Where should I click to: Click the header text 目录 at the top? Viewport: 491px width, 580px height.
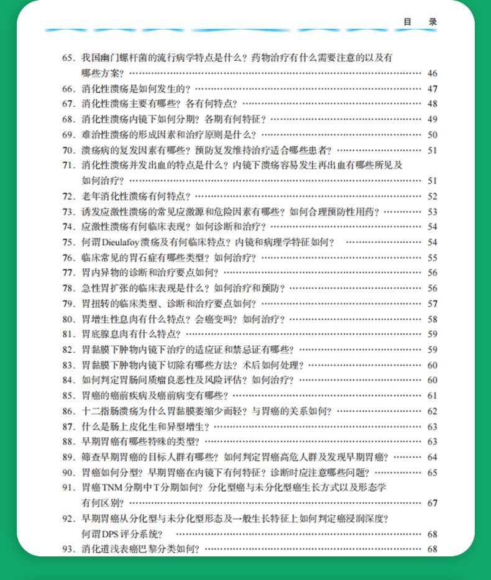tap(420, 22)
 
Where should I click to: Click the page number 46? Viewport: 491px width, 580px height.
tap(433, 73)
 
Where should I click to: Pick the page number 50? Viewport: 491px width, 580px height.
tap(433, 135)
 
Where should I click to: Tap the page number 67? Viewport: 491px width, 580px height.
tap(433, 503)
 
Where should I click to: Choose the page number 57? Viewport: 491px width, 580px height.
tap(433, 304)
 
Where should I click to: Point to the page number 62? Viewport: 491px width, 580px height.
tap(433, 411)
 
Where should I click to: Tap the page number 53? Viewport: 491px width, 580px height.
tap(433, 212)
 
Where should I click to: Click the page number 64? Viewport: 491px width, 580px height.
tap(433, 457)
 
